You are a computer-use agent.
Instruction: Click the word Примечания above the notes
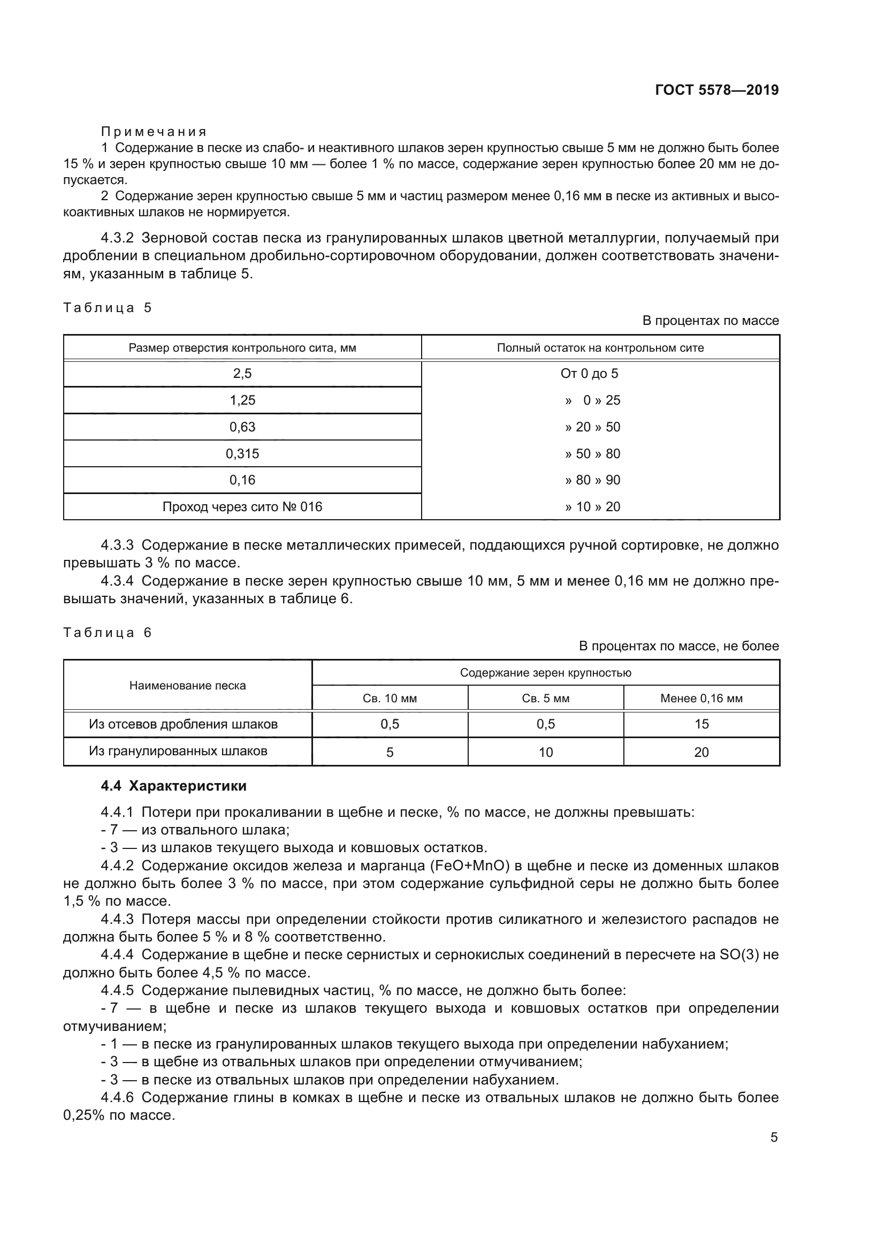click(154, 132)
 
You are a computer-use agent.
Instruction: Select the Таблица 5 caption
click(108, 308)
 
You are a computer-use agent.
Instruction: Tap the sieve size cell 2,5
click(242, 374)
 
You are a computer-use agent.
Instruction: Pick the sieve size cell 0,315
click(242, 454)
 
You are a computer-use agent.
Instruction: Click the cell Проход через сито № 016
click(242, 507)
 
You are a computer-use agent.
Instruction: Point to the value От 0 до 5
click(589, 374)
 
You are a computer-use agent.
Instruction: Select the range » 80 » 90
click(592, 480)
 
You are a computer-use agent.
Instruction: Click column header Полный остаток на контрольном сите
click(600, 348)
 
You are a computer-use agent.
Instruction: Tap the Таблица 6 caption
click(108, 633)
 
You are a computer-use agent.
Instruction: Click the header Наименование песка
click(187, 686)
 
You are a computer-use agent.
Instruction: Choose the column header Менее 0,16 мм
click(701, 699)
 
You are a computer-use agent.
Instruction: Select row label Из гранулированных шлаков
click(178, 752)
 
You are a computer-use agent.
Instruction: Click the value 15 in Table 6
click(701, 724)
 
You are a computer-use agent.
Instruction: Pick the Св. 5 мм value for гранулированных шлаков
click(545, 753)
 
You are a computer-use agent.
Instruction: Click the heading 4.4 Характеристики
click(173, 786)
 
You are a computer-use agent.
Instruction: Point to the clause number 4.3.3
click(117, 545)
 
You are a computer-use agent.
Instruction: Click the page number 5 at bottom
click(774, 1137)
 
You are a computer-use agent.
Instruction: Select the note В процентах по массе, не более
click(678, 646)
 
